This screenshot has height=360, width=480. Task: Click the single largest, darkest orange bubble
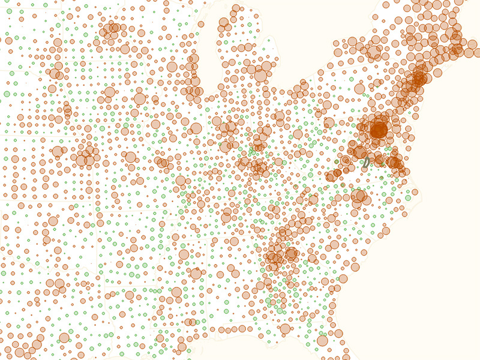(x=379, y=129)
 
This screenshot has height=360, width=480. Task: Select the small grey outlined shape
(x=365, y=163)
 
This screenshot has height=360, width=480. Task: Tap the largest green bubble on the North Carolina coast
(x=408, y=197)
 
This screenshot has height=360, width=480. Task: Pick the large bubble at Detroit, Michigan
(x=260, y=75)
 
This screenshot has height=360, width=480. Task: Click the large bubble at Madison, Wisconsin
(x=172, y=67)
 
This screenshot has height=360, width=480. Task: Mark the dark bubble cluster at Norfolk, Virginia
(x=394, y=162)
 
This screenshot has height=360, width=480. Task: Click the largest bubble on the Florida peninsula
(x=322, y=340)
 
